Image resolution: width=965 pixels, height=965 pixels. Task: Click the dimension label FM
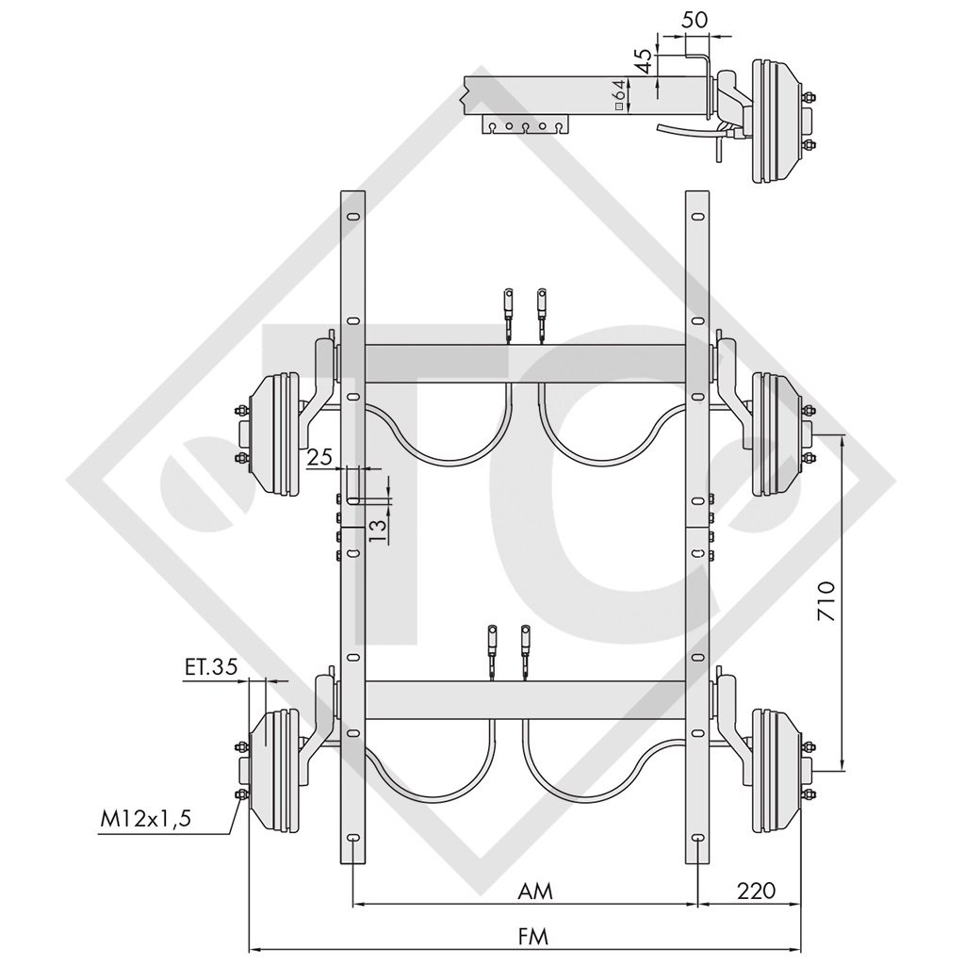tap(532, 936)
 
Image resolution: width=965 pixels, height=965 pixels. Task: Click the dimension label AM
tap(534, 891)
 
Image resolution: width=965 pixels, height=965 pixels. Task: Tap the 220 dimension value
tap(756, 891)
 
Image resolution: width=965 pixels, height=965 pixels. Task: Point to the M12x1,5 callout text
tap(146, 820)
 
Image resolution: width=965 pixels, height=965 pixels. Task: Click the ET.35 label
tap(209, 669)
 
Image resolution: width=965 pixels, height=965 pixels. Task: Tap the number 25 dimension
tap(320, 457)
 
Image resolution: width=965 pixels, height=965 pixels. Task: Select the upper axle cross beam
tap(524, 363)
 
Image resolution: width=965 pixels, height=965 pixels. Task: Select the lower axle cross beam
tap(524, 698)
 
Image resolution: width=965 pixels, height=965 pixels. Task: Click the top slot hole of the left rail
tap(352, 219)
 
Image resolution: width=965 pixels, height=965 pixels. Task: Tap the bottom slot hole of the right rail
tap(696, 839)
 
